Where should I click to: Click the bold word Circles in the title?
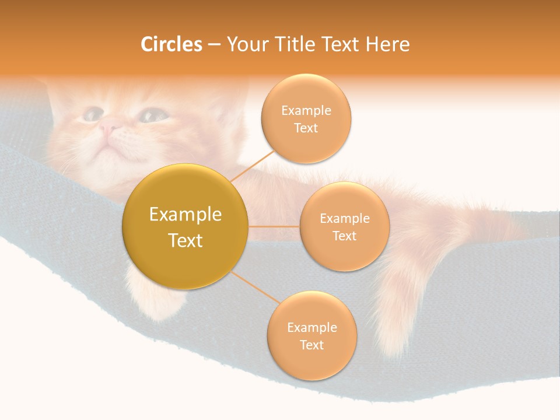[171, 44]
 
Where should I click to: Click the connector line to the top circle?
[252, 166]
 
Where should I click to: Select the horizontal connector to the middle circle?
[274, 226]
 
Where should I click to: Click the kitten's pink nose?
[109, 125]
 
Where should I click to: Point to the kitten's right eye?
[153, 115]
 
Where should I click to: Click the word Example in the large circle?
[185, 215]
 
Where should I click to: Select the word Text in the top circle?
[306, 128]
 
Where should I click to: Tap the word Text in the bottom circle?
[311, 345]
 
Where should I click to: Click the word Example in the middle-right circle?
[344, 219]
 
